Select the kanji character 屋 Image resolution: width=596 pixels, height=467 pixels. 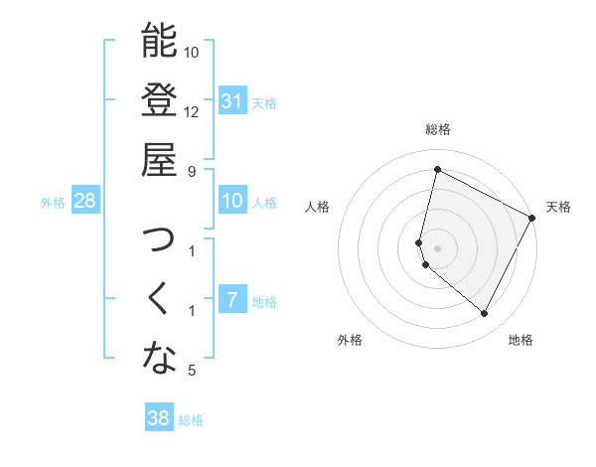tap(159, 159)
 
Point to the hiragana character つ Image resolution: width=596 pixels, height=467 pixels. tap(159, 241)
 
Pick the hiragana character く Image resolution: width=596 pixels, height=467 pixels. tap(159, 299)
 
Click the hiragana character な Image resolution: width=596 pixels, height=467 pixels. tap(159, 359)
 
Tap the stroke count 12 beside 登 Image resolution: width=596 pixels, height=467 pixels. tap(192, 111)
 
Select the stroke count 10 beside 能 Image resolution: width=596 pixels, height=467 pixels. tap(192, 52)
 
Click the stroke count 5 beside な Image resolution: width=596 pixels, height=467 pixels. tap(192, 371)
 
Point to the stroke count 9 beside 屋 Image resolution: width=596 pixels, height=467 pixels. tap(192, 171)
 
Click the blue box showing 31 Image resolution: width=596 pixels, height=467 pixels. tap(232, 100)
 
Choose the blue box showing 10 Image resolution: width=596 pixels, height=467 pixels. tap(232, 202)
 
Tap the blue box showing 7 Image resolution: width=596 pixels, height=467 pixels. tap(232, 300)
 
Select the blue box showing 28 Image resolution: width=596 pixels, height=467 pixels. tap(85, 202)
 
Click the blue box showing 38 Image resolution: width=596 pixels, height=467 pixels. tap(158, 418)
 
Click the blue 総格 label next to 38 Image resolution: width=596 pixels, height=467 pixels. tap(191, 420)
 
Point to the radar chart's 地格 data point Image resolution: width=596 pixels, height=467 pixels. tap(485, 314)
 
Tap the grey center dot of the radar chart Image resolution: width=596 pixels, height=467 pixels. tap(437, 247)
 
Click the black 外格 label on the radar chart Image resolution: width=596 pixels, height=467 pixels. tap(350, 340)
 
